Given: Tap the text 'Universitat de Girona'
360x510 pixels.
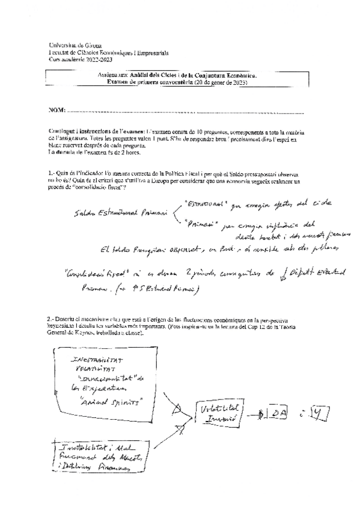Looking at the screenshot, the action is [75, 46].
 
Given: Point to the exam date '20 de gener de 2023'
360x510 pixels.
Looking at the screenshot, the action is [221, 82].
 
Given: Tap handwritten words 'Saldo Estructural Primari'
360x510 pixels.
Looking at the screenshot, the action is [112, 213].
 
